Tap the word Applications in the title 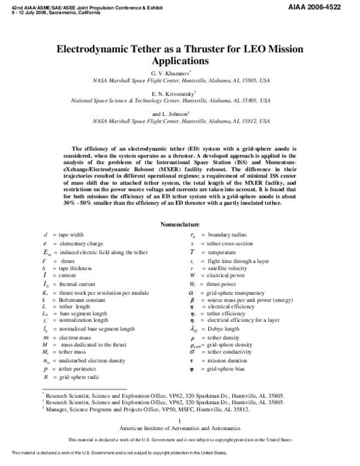[x=180, y=61]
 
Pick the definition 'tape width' [x=71, y=234]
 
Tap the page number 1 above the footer [x=180, y=438]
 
